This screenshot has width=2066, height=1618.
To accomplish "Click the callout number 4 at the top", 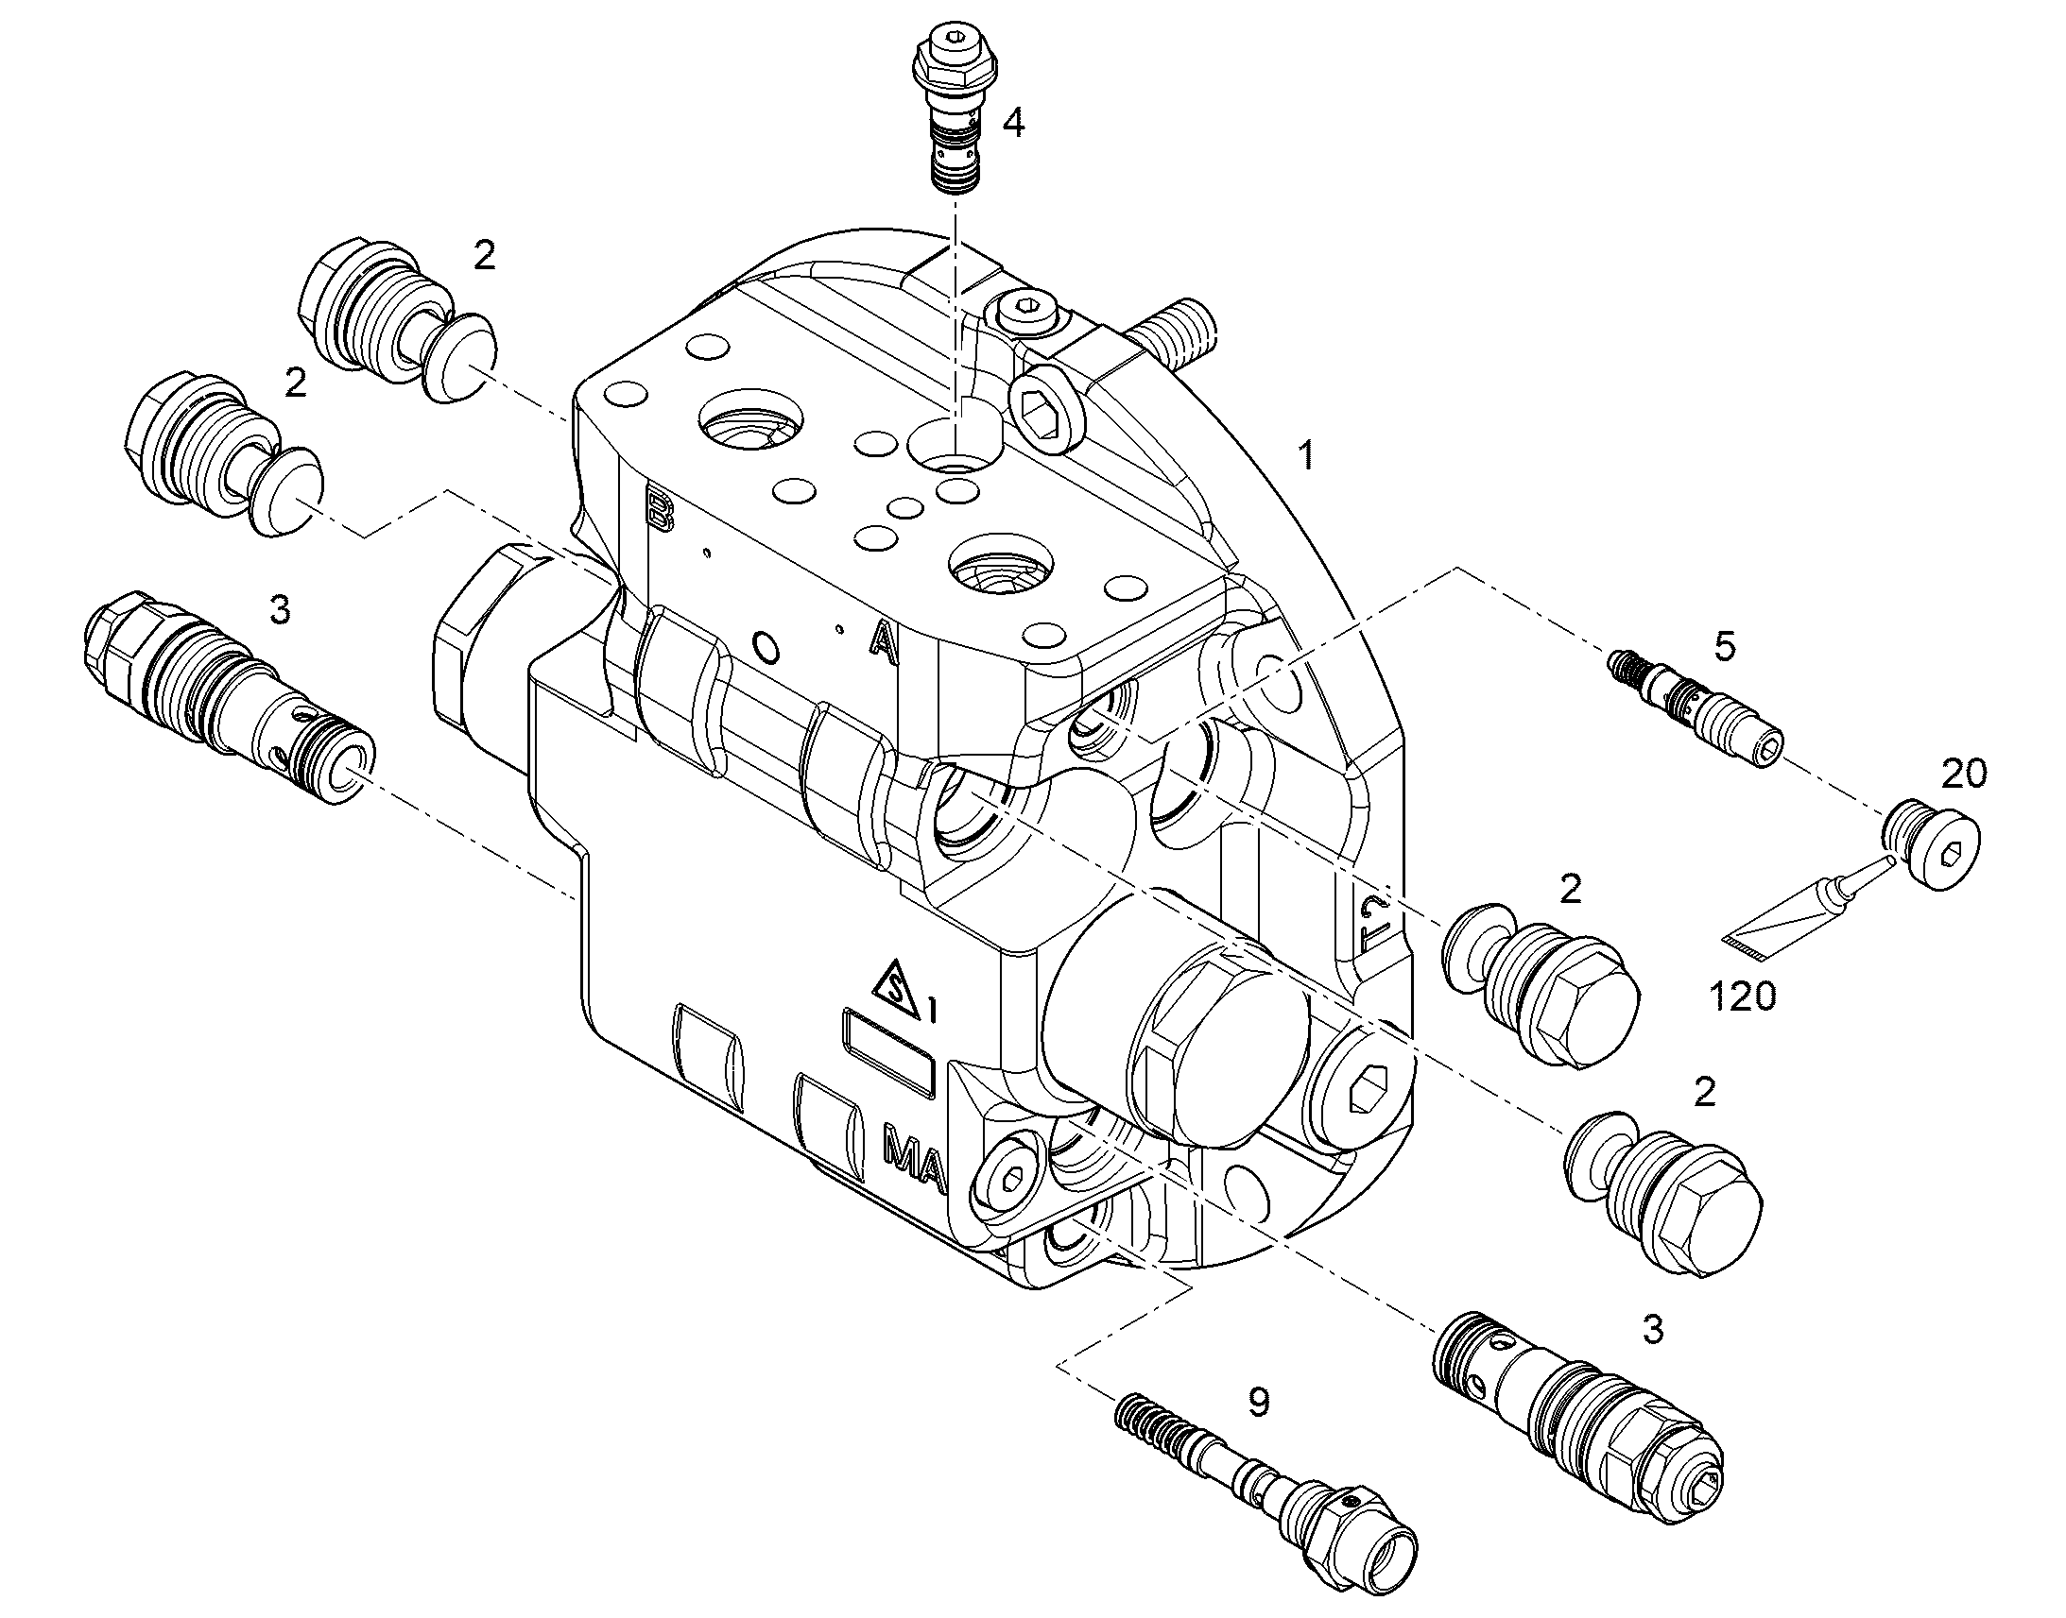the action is (x=1013, y=123).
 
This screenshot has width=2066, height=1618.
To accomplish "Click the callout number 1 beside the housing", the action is (x=1307, y=456).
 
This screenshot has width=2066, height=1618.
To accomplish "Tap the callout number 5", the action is (x=1725, y=647).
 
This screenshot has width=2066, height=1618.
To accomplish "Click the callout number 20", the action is (x=1964, y=774).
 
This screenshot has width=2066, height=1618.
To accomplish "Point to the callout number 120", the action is (x=1743, y=996).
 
